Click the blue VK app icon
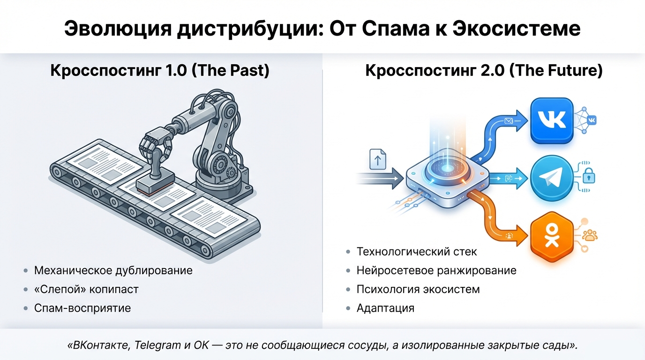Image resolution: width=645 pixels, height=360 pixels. click(552, 120)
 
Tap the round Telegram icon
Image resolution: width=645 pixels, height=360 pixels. click(552, 178)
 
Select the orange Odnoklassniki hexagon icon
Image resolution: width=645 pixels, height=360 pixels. click(552, 237)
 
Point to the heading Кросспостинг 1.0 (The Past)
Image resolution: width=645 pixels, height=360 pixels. click(160, 70)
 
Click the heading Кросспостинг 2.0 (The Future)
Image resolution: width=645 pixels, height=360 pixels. click(484, 70)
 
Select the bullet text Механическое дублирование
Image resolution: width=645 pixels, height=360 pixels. click(113, 270)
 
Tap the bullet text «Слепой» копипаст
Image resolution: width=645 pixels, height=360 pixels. click(86, 289)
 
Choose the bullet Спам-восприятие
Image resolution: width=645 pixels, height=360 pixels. click(82, 308)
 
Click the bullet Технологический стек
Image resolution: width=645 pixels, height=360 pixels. click(417, 252)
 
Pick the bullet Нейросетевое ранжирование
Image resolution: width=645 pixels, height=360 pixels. click(436, 270)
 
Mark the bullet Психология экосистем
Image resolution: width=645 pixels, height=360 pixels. click(418, 289)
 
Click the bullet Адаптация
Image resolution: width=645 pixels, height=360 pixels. click(386, 308)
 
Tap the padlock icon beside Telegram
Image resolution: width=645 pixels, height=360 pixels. click(589, 176)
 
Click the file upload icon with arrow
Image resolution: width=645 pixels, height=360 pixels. click(378, 159)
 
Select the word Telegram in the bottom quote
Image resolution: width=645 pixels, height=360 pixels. click(157, 345)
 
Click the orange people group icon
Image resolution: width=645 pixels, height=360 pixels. click(590, 235)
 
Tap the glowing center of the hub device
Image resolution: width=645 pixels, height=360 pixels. click(447, 168)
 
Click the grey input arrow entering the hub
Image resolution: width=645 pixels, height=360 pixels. click(380, 178)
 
